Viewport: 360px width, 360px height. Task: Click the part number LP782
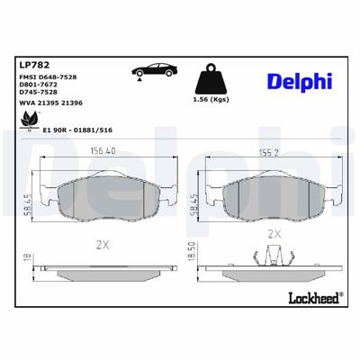(34, 63)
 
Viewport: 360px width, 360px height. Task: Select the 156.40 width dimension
(103, 151)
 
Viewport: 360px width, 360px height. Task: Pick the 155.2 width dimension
(264, 151)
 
